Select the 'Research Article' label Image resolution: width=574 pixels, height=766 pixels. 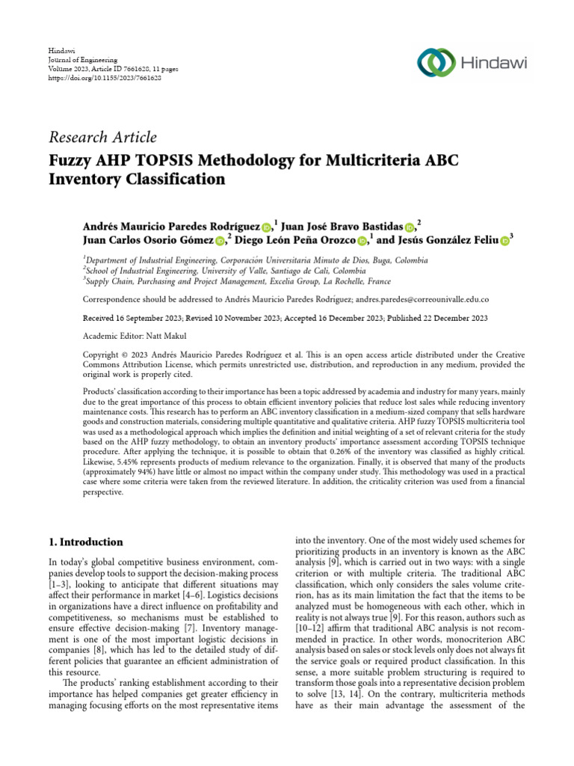[103, 137]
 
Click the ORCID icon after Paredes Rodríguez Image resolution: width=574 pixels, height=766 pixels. [268, 227]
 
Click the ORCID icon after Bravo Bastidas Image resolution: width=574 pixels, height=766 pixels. [410, 227]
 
